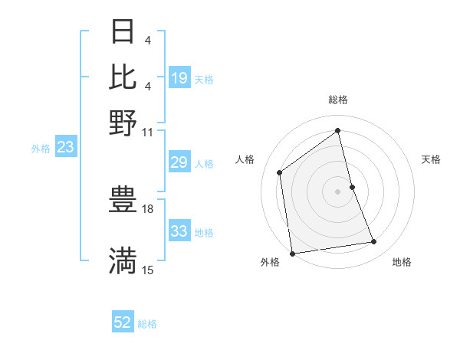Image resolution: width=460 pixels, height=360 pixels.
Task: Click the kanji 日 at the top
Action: [x=123, y=32]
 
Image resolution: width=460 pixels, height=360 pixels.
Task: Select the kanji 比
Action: [x=123, y=77]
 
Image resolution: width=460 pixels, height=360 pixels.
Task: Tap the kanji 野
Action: [x=123, y=122]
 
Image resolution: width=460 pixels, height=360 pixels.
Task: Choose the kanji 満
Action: [x=123, y=261]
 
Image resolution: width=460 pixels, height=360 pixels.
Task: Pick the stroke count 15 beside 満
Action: [x=148, y=270]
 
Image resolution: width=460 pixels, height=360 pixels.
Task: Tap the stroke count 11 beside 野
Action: [x=148, y=131]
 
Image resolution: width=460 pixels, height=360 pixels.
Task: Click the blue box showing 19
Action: [x=179, y=78]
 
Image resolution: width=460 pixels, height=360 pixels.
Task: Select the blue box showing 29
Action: [x=179, y=163]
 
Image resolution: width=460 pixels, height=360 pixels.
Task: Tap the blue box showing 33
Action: [x=179, y=232]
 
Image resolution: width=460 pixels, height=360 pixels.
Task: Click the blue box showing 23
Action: [x=65, y=148]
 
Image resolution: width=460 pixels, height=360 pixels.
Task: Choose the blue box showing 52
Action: [x=123, y=323]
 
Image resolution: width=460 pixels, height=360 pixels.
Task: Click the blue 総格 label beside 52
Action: [x=147, y=324]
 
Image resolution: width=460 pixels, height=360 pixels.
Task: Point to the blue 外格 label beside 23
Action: [x=41, y=149]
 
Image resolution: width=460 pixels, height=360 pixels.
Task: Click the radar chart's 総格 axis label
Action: [x=338, y=100]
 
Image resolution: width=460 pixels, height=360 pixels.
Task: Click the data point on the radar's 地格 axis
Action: [x=374, y=242]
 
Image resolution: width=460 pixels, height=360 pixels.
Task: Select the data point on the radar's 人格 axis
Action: [x=280, y=172]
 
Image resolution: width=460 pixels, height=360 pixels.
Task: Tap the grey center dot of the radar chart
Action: [x=338, y=191]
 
